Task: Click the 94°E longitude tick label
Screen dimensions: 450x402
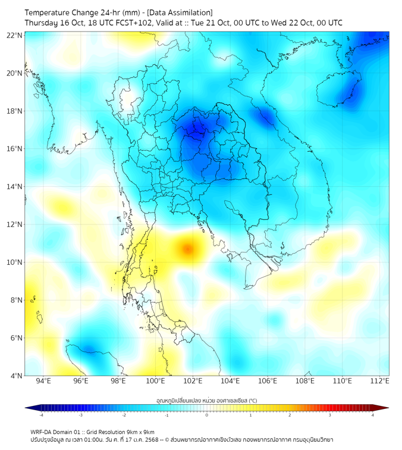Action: coord(43,381)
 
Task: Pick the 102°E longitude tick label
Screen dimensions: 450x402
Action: coord(193,381)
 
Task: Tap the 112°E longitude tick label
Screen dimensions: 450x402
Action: coord(379,381)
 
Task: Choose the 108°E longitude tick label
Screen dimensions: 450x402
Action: coord(305,381)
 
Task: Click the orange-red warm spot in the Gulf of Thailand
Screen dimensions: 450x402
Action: coord(187,248)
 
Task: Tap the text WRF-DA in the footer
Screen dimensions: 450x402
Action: coord(42,432)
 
